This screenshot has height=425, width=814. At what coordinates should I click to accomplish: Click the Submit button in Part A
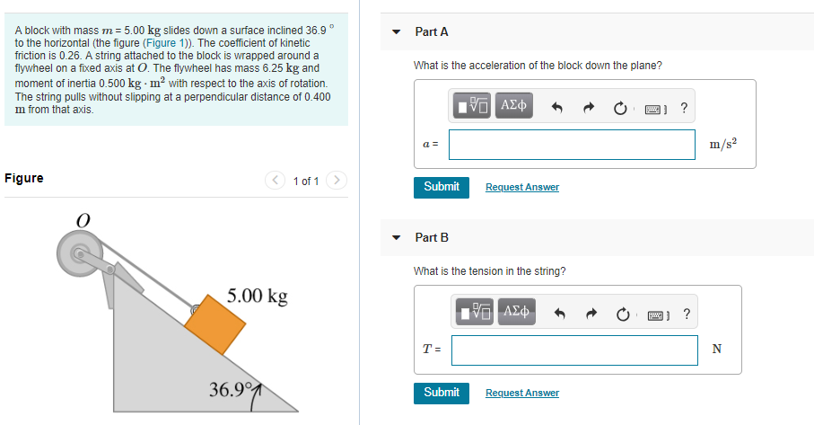[x=441, y=187]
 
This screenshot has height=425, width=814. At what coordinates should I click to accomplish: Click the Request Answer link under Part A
[x=521, y=187]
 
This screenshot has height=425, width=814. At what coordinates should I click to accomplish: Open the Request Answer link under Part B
[x=521, y=393]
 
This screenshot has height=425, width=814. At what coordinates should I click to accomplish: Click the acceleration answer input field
[x=572, y=145]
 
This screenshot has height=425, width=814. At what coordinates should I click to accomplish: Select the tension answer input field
[x=574, y=350]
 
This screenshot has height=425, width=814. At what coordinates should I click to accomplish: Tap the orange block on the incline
[x=216, y=323]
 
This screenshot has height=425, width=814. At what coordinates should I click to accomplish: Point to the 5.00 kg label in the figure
[x=257, y=297]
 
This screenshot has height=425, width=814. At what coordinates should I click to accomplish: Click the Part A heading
[x=432, y=31]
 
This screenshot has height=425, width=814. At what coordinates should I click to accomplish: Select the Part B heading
[x=432, y=237]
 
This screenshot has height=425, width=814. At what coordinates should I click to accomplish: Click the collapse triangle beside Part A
[x=397, y=32]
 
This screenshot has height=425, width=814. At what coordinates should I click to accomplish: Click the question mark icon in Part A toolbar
[x=685, y=108]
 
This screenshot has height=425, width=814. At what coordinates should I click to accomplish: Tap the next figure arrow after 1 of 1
[x=336, y=181]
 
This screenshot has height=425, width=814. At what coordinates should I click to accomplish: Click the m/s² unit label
[x=723, y=145]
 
